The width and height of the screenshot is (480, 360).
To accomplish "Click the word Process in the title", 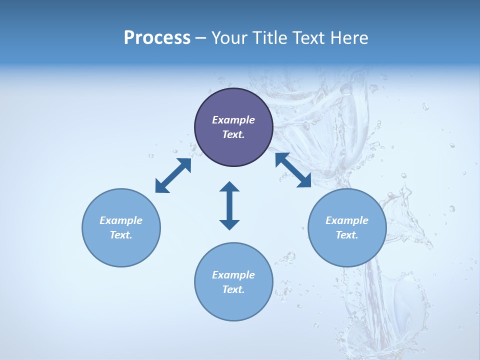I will point(157,38).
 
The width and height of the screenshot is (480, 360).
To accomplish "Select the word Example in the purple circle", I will point(233,120).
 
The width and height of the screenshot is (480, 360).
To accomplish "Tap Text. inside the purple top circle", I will point(233,134).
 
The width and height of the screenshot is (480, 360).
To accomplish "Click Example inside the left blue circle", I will point(121,220).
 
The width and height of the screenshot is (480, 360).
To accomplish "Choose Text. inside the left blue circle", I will point(121,235).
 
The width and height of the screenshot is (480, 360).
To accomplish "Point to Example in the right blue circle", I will point(347,220).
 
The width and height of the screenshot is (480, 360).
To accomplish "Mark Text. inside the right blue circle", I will point(347,235).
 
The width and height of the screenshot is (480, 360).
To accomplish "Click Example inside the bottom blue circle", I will point(233,275).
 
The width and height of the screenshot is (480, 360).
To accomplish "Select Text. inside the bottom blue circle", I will point(233,289).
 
